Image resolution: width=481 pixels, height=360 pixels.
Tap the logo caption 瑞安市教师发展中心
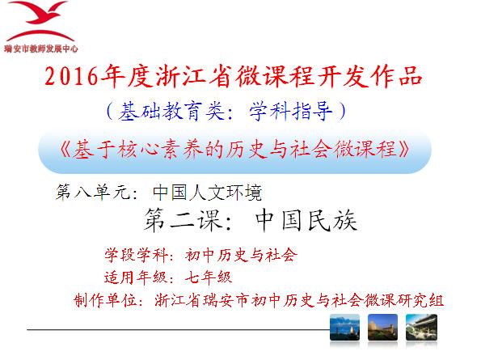point(41,49)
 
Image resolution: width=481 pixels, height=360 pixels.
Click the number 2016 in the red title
point(71,76)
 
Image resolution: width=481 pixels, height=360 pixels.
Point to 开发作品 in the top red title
point(370,76)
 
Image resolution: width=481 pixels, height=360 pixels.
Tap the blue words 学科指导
point(290,111)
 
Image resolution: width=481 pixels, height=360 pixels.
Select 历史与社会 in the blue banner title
point(279,150)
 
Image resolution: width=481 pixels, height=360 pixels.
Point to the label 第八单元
point(93,192)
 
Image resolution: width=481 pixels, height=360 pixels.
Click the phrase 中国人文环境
point(207,192)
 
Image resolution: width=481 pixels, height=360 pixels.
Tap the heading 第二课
point(184,220)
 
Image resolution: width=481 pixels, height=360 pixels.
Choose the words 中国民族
point(306,220)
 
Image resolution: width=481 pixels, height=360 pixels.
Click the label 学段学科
point(136,255)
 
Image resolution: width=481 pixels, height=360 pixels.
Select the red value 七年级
point(209,277)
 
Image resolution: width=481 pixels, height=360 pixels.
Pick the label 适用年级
point(136,277)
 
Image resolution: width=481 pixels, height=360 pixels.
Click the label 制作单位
point(105,300)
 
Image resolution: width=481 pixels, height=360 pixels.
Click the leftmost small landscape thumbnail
point(344,327)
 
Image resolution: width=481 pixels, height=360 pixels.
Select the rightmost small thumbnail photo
point(421,327)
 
